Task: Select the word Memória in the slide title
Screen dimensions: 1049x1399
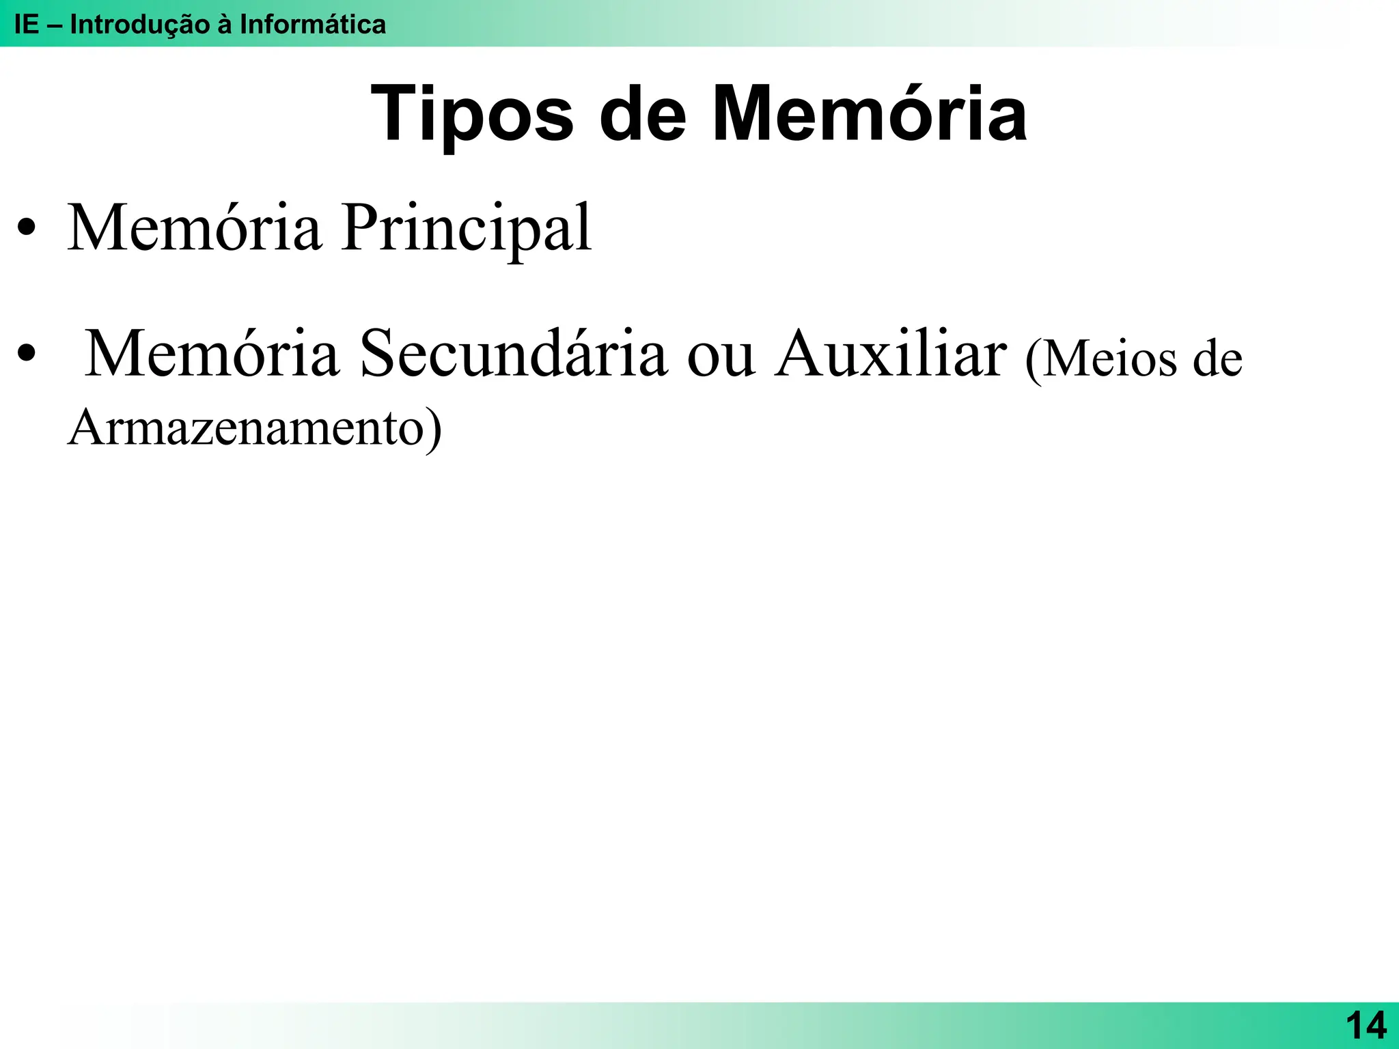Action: coord(869,113)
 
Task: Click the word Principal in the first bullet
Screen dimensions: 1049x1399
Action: coord(467,228)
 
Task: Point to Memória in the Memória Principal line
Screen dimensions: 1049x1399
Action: coord(194,228)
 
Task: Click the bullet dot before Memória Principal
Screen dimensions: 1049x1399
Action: coord(27,229)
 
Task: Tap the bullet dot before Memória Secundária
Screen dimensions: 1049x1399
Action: coord(27,355)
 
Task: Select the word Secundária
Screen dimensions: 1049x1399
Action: coord(513,354)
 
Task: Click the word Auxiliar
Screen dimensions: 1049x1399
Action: coord(890,354)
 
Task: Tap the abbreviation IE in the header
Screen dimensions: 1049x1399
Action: coord(27,25)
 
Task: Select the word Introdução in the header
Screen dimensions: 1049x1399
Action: coord(139,25)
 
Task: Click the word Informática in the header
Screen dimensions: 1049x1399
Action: coord(313,25)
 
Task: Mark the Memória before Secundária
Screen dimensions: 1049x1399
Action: coord(211,354)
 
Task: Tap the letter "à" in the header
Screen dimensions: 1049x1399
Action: coord(225,25)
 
